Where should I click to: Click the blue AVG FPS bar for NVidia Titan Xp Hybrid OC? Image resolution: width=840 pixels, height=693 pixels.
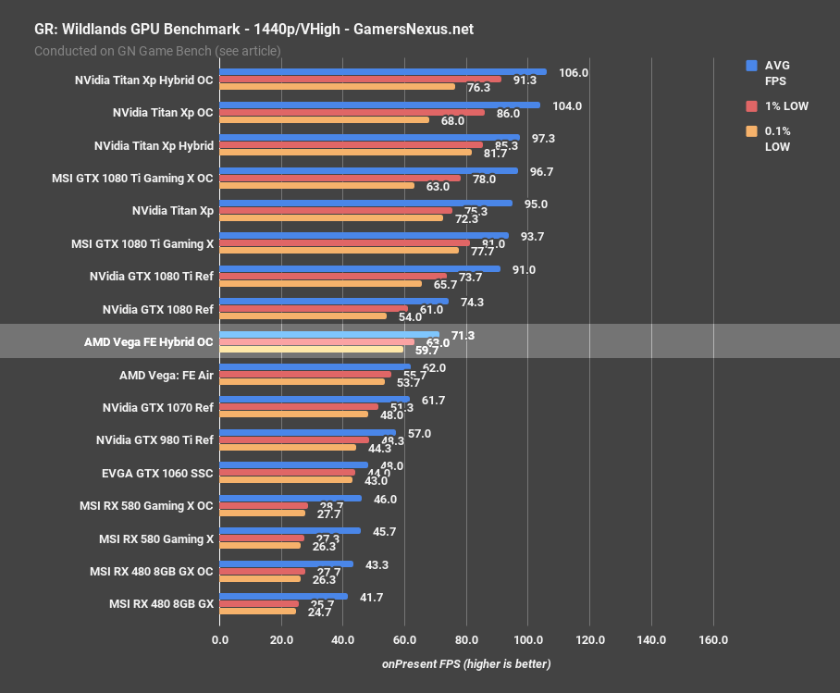tap(382, 71)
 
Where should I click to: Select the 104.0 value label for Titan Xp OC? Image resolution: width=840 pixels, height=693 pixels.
tap(566, 105)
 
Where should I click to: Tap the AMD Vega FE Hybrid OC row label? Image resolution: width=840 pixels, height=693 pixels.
tap(148, 341)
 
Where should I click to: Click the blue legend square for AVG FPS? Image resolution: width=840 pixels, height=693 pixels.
tap(751, 66)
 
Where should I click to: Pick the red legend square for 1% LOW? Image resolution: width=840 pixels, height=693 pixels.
tap(751, 106)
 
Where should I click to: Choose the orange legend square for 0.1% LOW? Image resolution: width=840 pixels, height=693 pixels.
tap(751, 131)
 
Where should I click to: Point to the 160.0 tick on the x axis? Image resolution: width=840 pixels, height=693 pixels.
tap(713, 640)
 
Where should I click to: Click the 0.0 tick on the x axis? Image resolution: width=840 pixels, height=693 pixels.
tap(220, 640)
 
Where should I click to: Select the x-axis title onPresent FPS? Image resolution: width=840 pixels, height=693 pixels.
tap(466, 664)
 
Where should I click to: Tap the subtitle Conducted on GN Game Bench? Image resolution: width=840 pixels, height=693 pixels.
tap(157, 51)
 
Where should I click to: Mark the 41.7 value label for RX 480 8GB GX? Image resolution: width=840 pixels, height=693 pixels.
tap(371, 598)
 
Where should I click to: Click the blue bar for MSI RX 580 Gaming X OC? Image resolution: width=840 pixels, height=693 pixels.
tap(290, 498)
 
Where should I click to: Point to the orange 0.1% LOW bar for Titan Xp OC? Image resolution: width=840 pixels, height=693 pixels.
tap(324, 119)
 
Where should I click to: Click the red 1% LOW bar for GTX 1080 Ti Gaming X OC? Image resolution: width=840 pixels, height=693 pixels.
tap(340, 179)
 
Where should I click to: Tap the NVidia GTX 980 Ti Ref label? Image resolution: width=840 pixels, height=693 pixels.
tap(154, 440)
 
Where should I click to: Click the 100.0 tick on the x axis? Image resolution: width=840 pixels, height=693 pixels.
tap(528, 640)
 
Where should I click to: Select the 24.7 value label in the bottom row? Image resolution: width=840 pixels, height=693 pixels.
tap(319, 612)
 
